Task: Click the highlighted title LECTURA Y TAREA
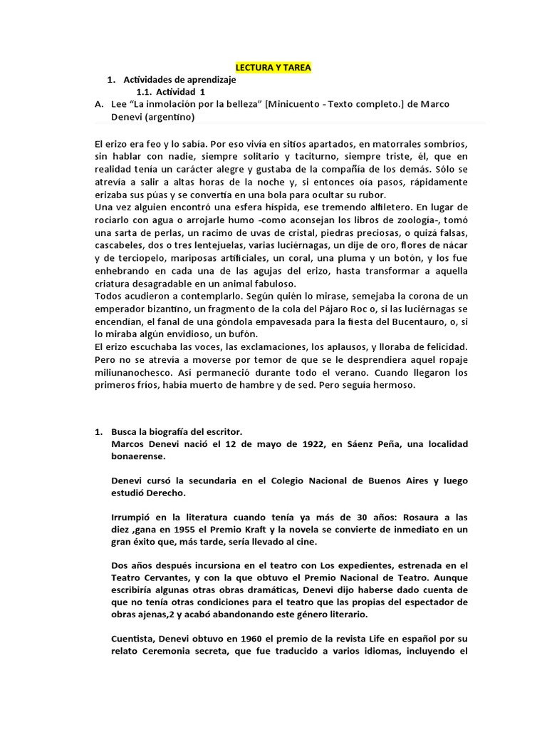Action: point(273,68)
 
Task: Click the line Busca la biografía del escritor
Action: point(177,432)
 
